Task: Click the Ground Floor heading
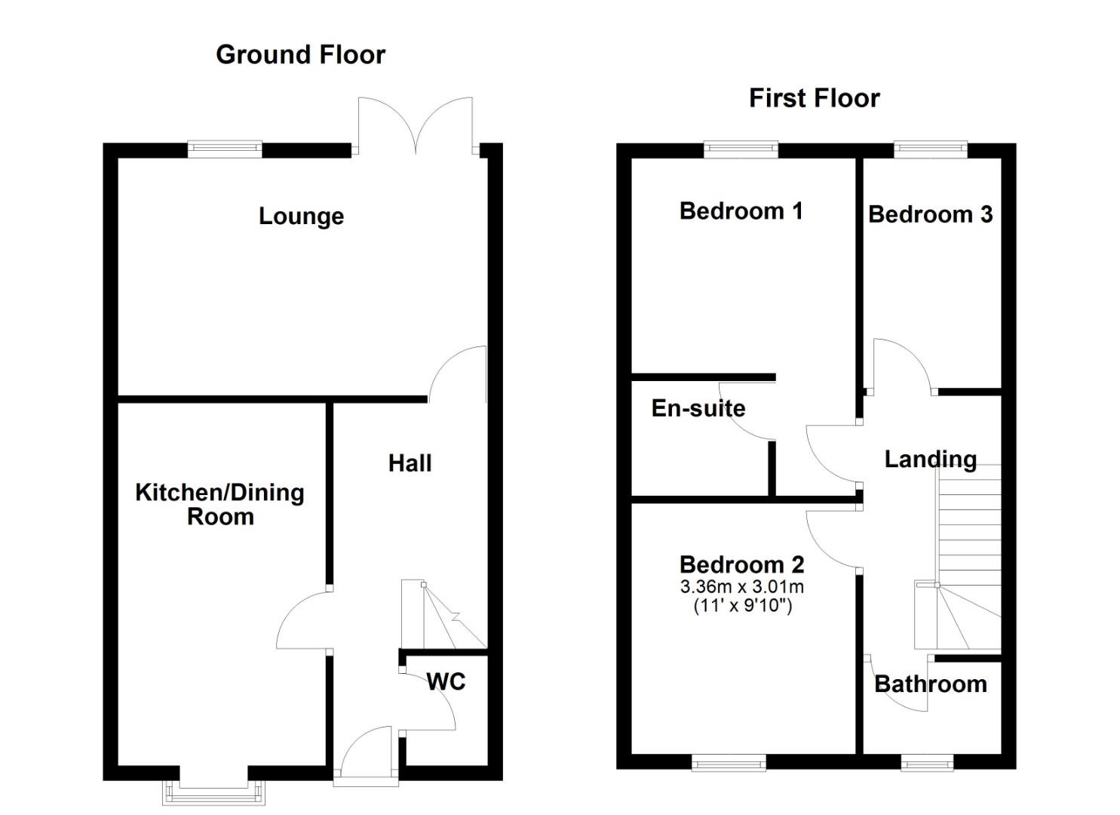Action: tap(300, 54)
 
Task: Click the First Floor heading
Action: tap(814, 98)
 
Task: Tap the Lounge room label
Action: tap(301, 217)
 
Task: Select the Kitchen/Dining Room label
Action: tap(219, 504)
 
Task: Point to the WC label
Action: tap(446, 681)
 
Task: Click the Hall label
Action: tap(410, 463)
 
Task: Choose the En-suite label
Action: tap(698, 408)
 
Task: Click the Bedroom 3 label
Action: tap(930, 214)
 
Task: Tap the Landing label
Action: tap(930, 459)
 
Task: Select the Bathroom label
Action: tap(930, 684)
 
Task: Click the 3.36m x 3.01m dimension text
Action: tap(741, 586)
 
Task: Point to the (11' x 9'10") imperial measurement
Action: tap(742, 605)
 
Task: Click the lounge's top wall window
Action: tap(225, 149)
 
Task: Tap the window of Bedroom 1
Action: tap(741, 149)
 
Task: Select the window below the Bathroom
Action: tap(927, 764)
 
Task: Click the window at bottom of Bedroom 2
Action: tap(729, 764)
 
